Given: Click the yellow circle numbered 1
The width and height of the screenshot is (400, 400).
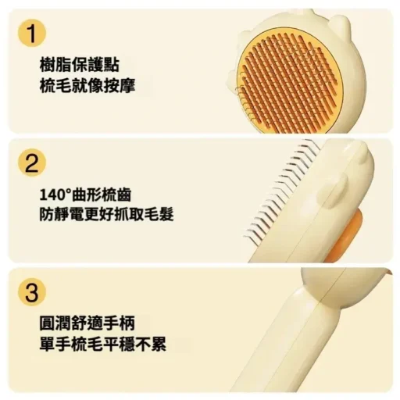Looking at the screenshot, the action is (x=32, y=33).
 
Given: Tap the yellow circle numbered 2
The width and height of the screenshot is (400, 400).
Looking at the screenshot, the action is (x=32, y=162).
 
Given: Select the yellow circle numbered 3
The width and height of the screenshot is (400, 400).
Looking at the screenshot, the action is (x=32, y=291).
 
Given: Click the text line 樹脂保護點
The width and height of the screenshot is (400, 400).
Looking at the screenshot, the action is (x=80, y=65).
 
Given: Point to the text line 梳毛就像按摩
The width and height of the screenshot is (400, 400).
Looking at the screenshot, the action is (x=87, y=85).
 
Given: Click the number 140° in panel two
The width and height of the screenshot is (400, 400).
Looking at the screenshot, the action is (x=55, y=195).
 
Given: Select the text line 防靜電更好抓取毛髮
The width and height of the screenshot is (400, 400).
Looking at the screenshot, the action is (x=106, y=215).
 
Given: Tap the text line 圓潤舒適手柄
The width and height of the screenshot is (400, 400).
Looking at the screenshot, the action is (x=87, y=323).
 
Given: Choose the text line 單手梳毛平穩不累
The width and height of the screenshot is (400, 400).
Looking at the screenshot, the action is (x=103, y=344).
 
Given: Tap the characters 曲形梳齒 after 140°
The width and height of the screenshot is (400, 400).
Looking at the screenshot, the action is (x=101, y=195).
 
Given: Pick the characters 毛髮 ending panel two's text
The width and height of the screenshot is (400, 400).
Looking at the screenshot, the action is (x=158, y=215).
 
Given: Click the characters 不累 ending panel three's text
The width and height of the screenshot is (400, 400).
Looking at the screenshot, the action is (x=151, y=344).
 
